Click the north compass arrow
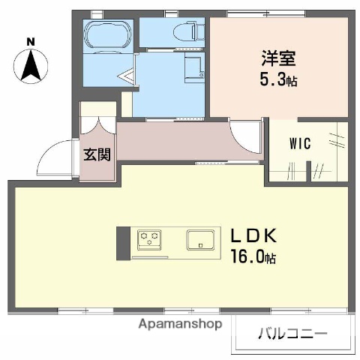pyautogui.click(x=31, y=64)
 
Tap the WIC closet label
pyautogui.click(x=300, y=142)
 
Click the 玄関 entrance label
pyautogui.click(x=97, y=154)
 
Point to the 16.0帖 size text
pyautogui.click(x=253, y=257)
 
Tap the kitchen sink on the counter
pyautogui.click(x=201, y=241)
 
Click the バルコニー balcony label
pyautogui.click(x=294, y=332)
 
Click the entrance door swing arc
pyautogui.click(x=56, y=157)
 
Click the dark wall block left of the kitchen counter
pyautogui.click(x=122, y=242)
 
